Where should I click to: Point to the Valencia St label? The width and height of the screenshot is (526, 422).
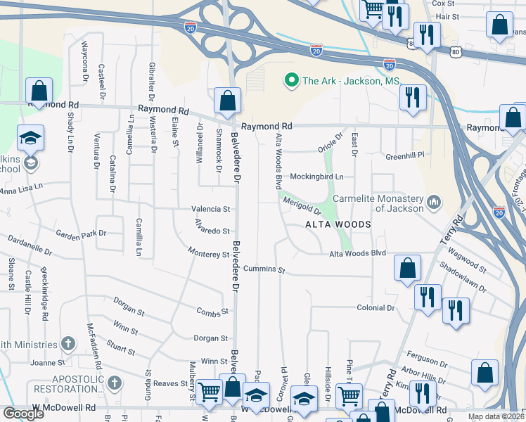211,209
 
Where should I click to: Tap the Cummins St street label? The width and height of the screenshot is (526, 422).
264,269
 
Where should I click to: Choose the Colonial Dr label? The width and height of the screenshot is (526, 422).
376,307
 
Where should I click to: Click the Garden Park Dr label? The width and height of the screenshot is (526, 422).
82,233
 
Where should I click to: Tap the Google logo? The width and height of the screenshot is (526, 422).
23,414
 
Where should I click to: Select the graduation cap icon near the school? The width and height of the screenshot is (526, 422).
30,138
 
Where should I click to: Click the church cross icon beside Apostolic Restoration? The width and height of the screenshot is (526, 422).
115,383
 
